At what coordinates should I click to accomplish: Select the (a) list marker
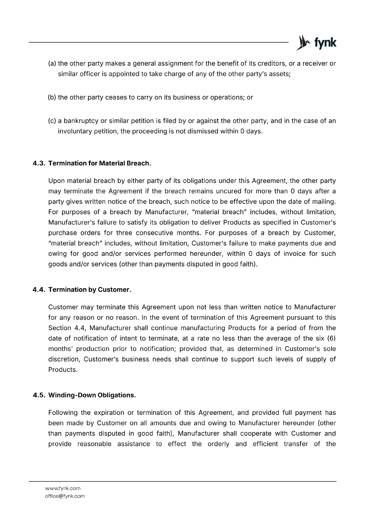tap(52, 63)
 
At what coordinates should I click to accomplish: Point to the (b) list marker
tap(52, 97)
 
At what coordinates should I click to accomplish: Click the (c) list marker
tap(52, 121)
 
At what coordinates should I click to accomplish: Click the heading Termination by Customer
tap(89, 290)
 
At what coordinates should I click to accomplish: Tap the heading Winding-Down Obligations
tap(92, 395)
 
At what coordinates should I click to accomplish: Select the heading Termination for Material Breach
tap(100, 163)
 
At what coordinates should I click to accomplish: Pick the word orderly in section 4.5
tap(218, 444)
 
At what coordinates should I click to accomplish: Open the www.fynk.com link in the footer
tap(63, 488)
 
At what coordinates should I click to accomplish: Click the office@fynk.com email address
tap(65, 496)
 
